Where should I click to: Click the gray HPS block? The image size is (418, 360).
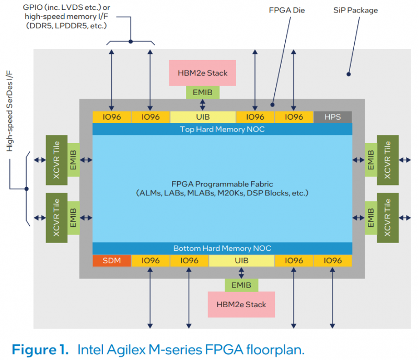[332, 117]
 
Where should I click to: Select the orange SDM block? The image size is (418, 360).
[112, 260]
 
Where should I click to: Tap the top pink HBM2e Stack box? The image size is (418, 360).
[203, 73]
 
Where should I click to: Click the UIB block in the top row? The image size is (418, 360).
[203, 117]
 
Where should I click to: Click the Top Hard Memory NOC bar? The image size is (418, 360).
[222, 129]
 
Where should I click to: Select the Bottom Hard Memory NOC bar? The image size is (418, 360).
[222, 248]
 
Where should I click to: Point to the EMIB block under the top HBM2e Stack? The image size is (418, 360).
[203, 92]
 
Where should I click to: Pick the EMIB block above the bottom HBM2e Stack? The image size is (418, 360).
[241, 285]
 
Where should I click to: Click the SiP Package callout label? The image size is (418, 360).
[355, 10]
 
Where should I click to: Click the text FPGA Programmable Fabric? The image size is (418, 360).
[222, 183]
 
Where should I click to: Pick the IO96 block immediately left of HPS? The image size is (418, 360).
[294, 117]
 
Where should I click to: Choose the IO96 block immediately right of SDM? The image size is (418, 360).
[150, 260]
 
